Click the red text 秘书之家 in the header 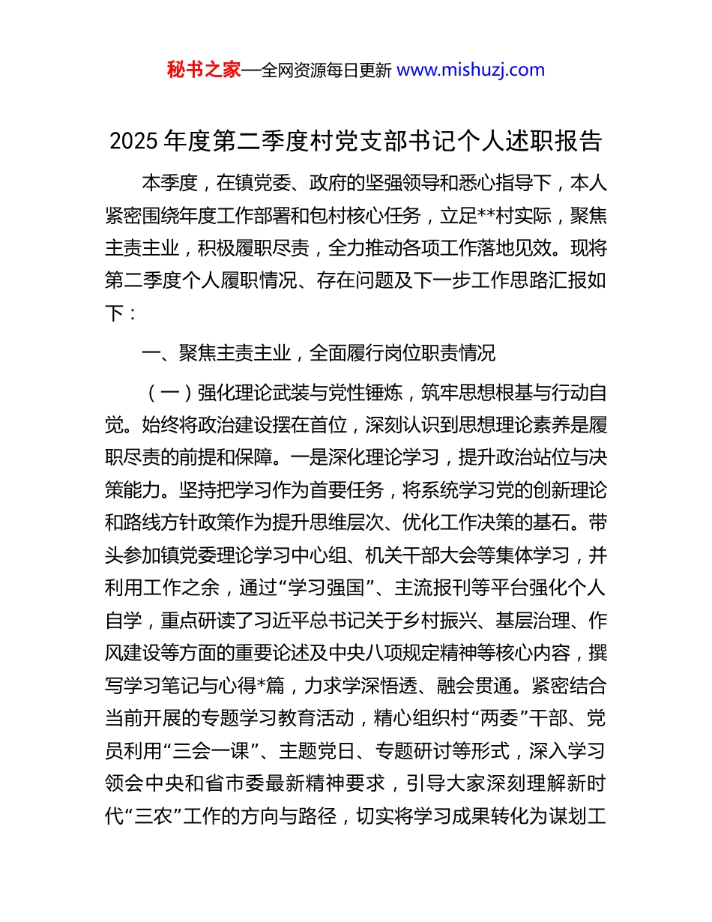204,70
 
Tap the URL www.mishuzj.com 470,70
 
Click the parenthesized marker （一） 169,392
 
